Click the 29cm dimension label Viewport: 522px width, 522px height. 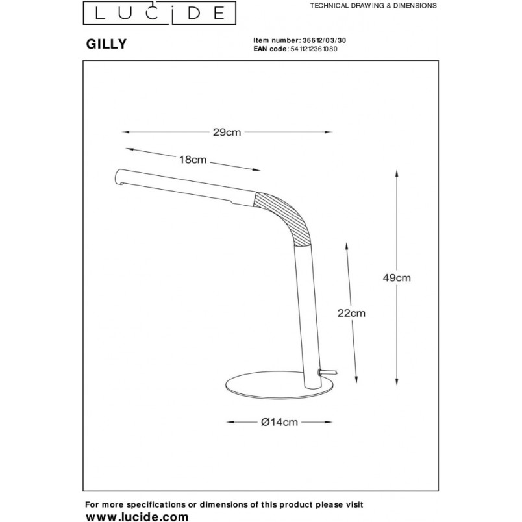click(227, 132)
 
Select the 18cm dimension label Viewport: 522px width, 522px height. click(193, 160)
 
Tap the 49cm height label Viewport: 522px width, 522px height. click(397, 278)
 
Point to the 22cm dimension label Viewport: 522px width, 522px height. click(351, 313)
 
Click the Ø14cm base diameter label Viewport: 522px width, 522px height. click(279, 422)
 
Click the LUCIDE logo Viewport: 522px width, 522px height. click(160, 13)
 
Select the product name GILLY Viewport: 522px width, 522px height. click(106, 44)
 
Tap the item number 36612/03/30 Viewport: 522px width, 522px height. click(324, 40)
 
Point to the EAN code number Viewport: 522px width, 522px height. click(314, 49)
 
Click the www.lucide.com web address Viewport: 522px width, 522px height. click(137, 517)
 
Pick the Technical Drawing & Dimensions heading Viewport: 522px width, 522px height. click(373, 6)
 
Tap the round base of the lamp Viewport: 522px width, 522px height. click(280, 388)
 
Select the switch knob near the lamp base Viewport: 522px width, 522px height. click(329, 372)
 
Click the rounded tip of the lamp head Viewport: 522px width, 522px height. click(118, 177)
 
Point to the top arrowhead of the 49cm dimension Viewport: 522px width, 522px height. click(397, 173)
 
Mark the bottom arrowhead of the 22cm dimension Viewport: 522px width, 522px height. click(356, 380)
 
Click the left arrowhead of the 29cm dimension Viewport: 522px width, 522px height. click(125, 132)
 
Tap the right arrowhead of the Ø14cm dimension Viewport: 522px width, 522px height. click(329, 422)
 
